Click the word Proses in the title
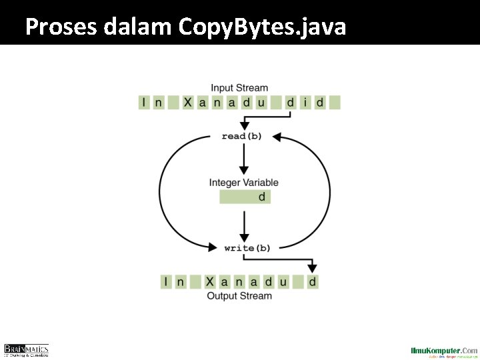61,27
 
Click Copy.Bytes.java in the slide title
262,27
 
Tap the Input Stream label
239,87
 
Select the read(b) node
241,136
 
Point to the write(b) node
247,247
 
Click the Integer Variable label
243,183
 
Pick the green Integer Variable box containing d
245,197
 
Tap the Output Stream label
239,296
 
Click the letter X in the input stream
188,103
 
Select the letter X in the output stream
210,282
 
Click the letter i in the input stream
305,103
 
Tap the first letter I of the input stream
144,103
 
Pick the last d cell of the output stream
313,282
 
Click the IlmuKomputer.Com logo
443,351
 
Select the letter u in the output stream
283,282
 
